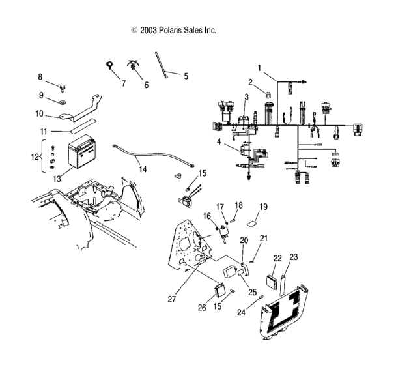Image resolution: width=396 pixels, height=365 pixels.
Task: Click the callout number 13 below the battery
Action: [57, 179]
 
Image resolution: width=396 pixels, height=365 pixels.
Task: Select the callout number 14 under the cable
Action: [143, 169]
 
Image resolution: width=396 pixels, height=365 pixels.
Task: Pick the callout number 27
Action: [172, 299]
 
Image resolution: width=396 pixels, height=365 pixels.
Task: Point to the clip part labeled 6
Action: [135, 66]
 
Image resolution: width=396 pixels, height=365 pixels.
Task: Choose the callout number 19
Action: [264, 207]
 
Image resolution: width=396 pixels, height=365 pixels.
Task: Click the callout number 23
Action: [294, 257]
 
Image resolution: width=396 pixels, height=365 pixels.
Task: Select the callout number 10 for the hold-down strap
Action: [39, 113]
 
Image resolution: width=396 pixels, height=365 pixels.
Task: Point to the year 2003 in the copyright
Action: [147, 30]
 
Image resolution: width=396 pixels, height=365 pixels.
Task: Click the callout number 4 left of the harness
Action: [219, 141]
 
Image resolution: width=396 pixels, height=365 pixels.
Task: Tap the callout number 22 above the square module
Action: [277, 258]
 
